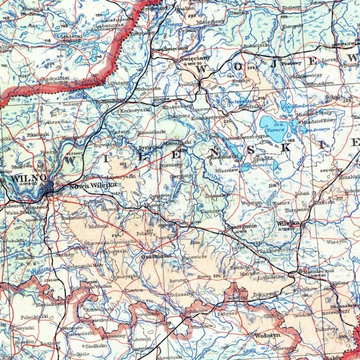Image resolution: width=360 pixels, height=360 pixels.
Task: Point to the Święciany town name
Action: (x=194, y=58)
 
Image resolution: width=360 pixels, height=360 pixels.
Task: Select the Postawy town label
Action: (x=291, y=63)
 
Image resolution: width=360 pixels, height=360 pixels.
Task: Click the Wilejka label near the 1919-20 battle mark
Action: (x=288, y=223)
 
